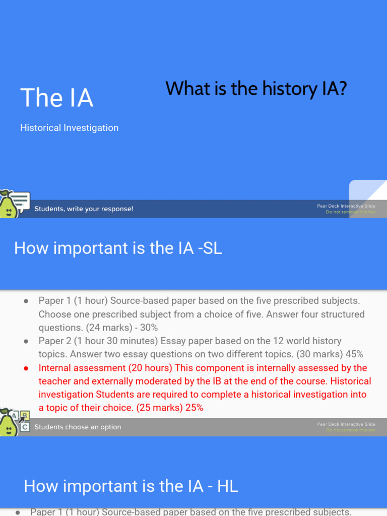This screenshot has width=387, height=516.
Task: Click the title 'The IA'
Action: coord(56,98)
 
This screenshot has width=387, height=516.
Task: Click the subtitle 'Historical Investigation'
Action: coord(69,128)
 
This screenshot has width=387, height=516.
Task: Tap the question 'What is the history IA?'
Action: coord(256,89)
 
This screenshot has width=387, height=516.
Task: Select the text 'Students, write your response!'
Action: coord(84,209)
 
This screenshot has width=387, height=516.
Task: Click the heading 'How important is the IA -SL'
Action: coord(118,248)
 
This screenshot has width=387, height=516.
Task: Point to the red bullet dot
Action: coord(26,368)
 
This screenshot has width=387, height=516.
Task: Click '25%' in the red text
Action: coord(194,408)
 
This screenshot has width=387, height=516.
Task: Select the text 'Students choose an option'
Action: coord(78,427)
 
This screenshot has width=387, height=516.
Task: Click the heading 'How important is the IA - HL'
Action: coord(131,486)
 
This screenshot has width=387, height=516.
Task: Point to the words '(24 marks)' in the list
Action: coord(106,328)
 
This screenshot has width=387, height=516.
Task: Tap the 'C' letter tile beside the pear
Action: coord(25,427)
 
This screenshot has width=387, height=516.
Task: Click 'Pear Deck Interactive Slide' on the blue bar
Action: coord(346,206)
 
